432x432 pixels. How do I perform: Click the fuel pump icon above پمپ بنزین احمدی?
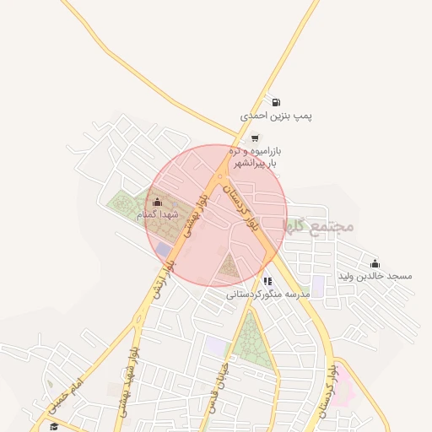(277, 102)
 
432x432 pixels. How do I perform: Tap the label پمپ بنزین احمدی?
(277, 116)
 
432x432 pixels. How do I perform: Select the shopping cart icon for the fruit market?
(256, 137)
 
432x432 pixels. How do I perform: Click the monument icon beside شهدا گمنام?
(157, 202)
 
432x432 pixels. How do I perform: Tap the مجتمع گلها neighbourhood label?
(319, 226)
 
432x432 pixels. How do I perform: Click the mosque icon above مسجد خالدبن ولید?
(375, 263)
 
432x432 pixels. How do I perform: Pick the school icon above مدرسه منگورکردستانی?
(267, 281)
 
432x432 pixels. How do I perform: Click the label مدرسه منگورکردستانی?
(267, 294)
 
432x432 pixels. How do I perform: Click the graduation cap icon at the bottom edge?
(54, 427)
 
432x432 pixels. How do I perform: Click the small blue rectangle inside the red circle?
(163, 249)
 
